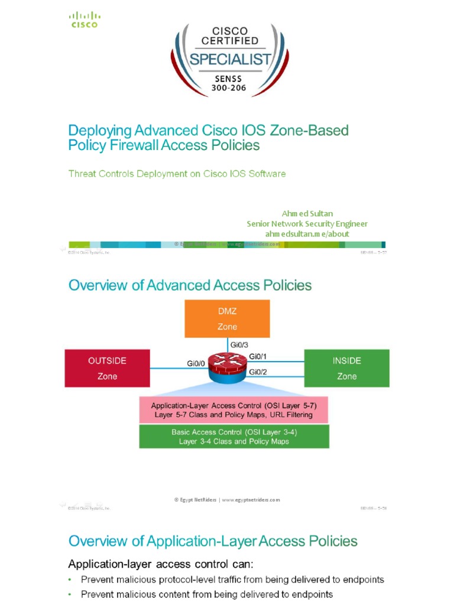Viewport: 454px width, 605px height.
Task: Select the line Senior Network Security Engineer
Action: [307, 223]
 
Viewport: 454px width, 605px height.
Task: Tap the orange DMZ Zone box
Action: [227, 320]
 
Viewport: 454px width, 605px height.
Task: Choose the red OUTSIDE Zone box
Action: [107, 368]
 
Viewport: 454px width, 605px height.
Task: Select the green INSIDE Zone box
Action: [346, 368]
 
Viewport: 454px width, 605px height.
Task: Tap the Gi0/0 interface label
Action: [196, 364]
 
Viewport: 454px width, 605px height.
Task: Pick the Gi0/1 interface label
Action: [258, 356]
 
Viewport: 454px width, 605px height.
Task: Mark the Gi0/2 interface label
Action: [258, 372]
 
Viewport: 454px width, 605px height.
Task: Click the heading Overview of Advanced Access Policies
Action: [190, 285]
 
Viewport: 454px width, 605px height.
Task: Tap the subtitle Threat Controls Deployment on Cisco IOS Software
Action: [177, 174]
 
